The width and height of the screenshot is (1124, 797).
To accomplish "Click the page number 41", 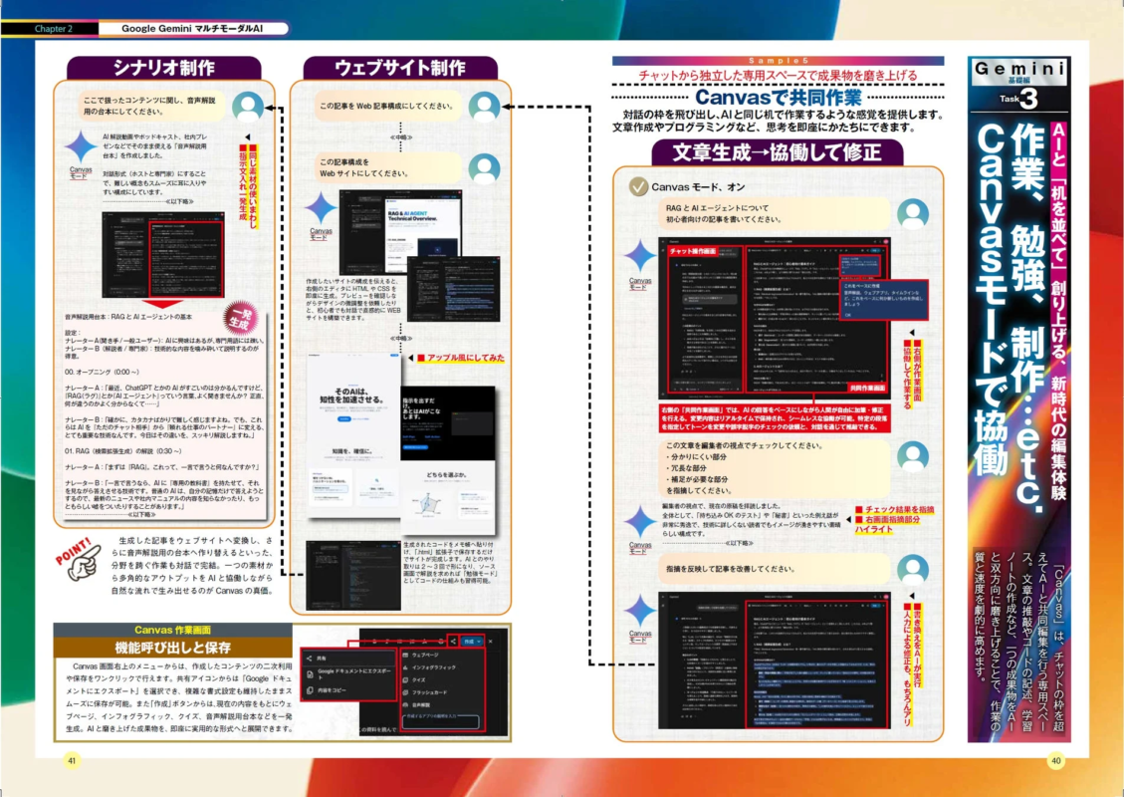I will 71,759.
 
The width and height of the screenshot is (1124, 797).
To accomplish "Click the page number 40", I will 1054,759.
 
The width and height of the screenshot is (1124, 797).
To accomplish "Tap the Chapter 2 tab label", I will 53,29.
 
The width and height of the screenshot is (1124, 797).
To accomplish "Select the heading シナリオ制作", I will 163,68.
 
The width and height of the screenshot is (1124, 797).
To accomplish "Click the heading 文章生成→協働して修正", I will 778,152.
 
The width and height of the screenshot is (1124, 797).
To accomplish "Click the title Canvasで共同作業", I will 779,99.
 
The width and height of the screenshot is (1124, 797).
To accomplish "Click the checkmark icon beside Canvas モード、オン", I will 638,186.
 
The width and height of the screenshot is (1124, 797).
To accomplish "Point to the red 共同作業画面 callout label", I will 862,388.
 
